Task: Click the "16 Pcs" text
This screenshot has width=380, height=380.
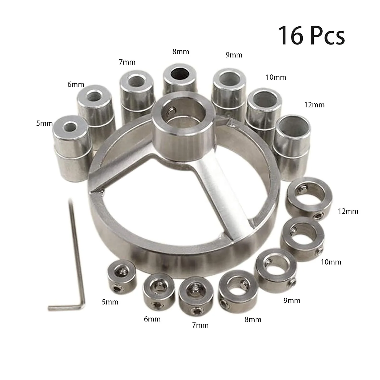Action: tap(312, 36)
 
